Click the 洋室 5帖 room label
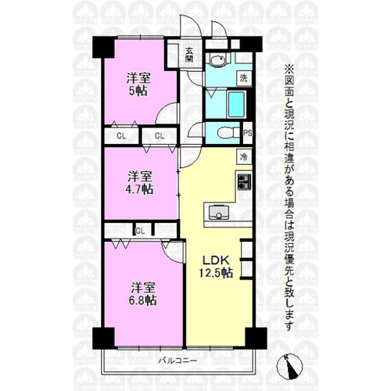click(x=138, y=84)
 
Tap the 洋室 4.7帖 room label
click(x=139, y=183)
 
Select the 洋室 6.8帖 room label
click(x=143, y=294)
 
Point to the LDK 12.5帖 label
click(x=216, y=267)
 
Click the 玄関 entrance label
click(x=189, y=55)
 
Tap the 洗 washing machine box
click(x=244, y=78)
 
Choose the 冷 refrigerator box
click(x=244, y=157)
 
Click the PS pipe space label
click(x=248, y=133)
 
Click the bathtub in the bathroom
click(x=236, y=104)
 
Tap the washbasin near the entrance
click(x=217, y=60)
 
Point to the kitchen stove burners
click(x=244, y=181)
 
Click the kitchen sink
click(x=219, y=212)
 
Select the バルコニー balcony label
click(x=178, y=361)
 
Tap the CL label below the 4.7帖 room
click(x=140, y=231)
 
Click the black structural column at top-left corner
click(x=104, y=47)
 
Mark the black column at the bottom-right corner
click(x=256, y=339)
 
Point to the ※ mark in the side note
click(x=289, y=69)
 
